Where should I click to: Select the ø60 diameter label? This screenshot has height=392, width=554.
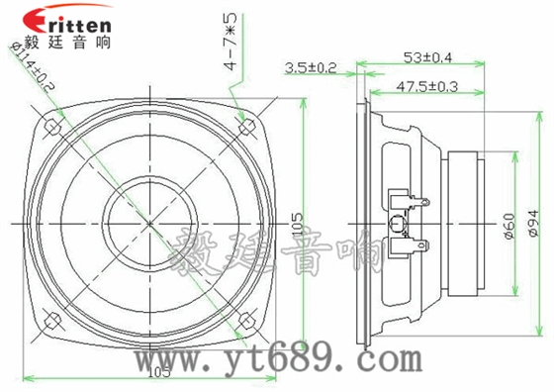(x=509, y=227)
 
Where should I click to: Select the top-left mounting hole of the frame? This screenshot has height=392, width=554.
(x=49, y=125)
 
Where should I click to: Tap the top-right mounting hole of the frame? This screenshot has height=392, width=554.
(x=250, y=125)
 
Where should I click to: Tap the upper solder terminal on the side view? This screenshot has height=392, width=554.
(x=415, y=204)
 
